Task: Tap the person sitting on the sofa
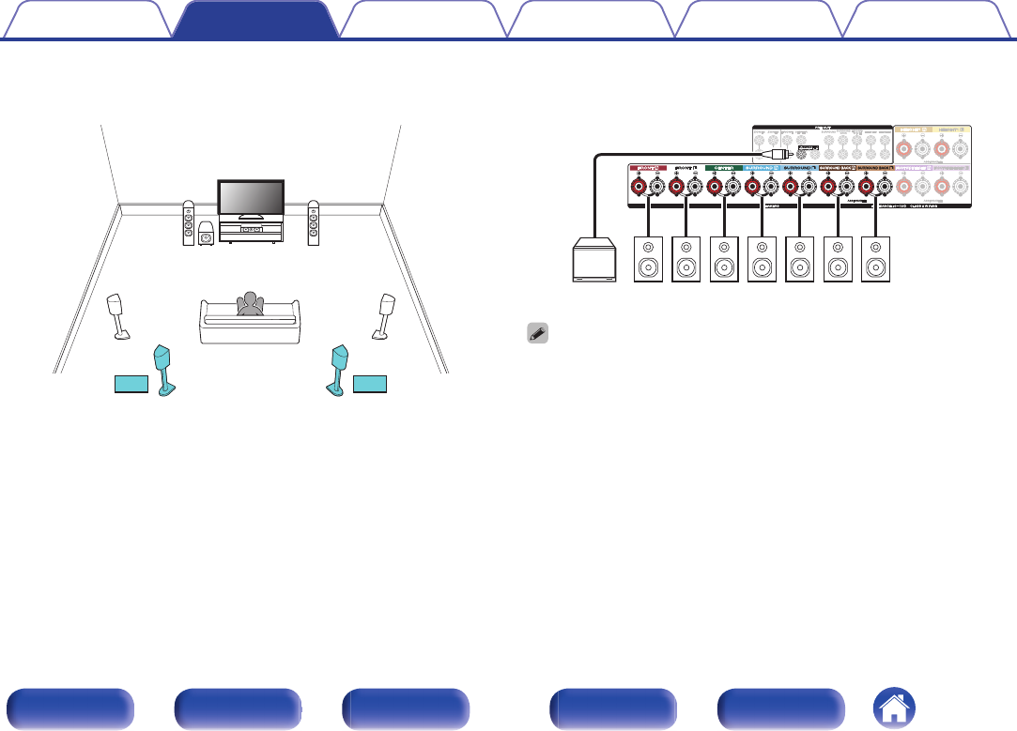click(250, 306)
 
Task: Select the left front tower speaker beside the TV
click(189, 224)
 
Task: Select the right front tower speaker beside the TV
click(313, 224)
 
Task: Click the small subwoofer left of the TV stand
click(206, 236)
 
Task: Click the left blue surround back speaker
click(165, 370)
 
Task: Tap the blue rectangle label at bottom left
click(131, 383)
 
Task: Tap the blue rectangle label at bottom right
click(370, 383)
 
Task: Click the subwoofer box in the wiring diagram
click(595, 263)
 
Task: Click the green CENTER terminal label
click(724, 169)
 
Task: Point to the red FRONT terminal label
click(648, 169)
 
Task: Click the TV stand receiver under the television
click(250, 229)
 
